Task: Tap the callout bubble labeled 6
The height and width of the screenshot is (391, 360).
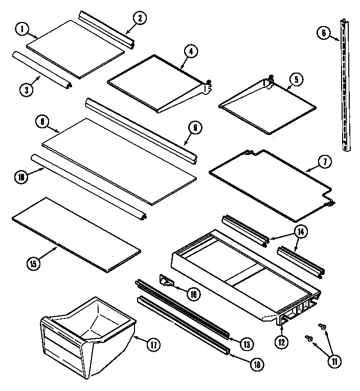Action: tap(324, 34)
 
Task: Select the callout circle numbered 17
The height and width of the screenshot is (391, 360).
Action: tap(152, 344)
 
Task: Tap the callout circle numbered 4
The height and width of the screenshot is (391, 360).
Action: tap(189, 51)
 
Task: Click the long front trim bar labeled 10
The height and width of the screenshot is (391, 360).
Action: tap(87, 187)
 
